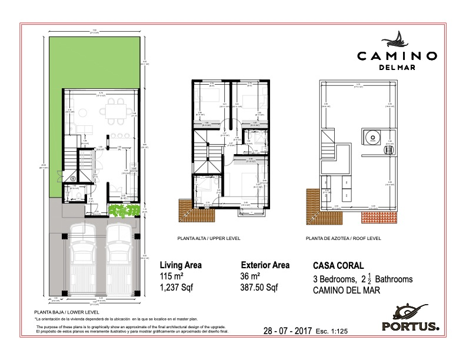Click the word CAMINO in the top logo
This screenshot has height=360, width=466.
pos(397,56)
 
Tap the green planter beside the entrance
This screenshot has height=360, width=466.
pos(121,211)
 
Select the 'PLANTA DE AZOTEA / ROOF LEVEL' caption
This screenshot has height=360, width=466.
pos(344,239)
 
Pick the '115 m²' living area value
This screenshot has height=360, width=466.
pos(172,277)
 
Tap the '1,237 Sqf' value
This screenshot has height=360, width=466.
pos(176,288)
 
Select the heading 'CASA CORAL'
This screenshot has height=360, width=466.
pos(338,266)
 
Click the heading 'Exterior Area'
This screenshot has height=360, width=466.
pos(265,265)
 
